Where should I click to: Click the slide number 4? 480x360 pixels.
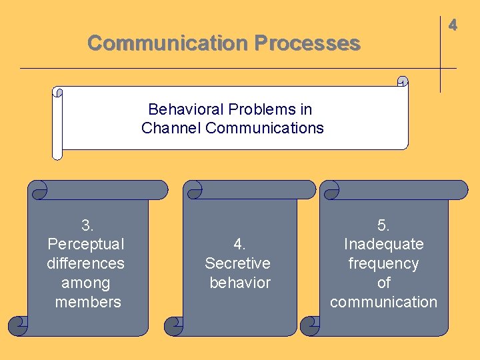453,25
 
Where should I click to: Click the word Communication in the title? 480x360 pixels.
167,43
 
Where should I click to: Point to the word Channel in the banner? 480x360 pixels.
171,128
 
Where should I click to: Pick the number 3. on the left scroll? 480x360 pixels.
87,225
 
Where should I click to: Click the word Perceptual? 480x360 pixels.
86,244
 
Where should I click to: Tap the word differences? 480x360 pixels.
85,263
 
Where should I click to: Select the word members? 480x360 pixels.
88,302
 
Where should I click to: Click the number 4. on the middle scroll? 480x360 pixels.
239,244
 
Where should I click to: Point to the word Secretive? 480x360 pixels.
237,263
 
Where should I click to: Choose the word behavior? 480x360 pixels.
240,283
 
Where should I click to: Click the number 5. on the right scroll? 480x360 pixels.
383,225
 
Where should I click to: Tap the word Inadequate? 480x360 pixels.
383,244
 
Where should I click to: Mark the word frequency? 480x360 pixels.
383,263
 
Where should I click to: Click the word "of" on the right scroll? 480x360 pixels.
383,283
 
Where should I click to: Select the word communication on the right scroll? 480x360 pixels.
383,302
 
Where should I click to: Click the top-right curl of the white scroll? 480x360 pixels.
402,81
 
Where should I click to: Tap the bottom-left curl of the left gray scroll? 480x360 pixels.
18,326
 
